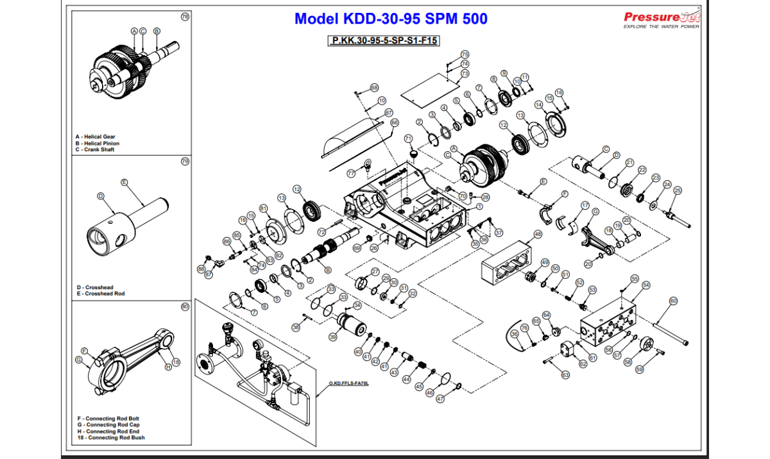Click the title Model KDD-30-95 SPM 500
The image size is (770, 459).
click(391, 19)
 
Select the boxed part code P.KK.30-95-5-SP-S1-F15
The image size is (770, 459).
click(384, 40)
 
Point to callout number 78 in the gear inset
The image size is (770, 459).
click(185, 17)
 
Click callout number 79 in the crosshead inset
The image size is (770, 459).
click(185, 162)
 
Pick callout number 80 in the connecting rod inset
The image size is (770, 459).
click(185, 306)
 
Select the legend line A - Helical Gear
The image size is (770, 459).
click(97, 137)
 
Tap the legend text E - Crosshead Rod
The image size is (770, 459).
click(101, 294)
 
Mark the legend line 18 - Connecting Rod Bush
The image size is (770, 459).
click(110, 438)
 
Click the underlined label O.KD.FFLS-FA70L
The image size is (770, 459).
click(349, 383)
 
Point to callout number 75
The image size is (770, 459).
click(465, 54)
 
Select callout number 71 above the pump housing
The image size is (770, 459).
click(408, 138)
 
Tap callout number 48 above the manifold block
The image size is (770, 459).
click(538, 235)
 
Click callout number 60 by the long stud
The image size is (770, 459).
click(673, 301)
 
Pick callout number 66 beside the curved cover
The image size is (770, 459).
click(395, 122)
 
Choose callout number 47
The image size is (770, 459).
click(440, 399)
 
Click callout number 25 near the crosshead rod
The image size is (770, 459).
click(678, 190)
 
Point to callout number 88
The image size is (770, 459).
click(201, 268)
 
